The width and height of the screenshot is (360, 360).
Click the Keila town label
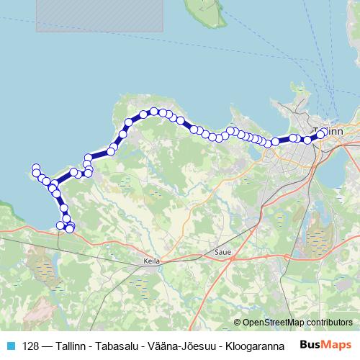point(150,261)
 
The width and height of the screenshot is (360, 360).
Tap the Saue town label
point(222,253)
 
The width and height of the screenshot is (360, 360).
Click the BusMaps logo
point(325,345)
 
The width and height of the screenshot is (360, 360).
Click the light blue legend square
point(10,346)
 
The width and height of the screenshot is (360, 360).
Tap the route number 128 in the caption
point(30,346)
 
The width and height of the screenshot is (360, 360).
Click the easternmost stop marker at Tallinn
point(321,134)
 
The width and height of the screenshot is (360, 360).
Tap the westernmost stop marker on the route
point(35,168)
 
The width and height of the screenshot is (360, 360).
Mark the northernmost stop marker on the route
point(153,111)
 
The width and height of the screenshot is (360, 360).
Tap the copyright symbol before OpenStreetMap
point(238,323)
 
